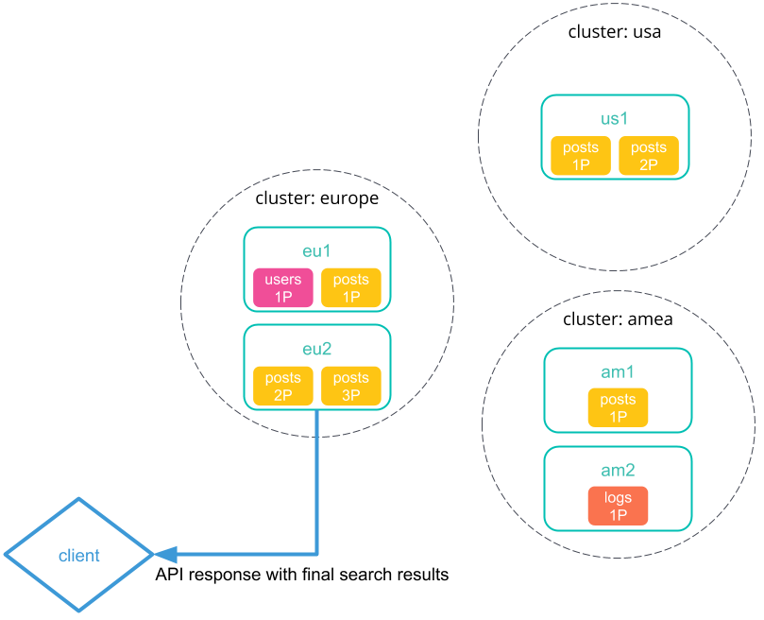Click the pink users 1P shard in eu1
click(x=282, y=287)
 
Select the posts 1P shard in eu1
click(x=351, y=287)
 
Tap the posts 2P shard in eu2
click(x=282, y=387)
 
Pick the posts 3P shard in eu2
click(x=351, y=387)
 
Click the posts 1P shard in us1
click(x=581, y=156)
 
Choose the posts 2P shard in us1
click(x=649, y=156)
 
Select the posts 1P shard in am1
click(x=618, y=407)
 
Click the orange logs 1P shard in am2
click(x=618, y=506)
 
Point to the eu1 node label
click(x=316, y=251)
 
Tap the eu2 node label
click(x=316, y=350)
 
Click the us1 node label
click(x=615, y=119)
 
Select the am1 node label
click(x=618, y=372)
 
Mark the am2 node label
click(x=618, y=471)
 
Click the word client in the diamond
click(x=78, y=556)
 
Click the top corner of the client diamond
click(x=78, y=499)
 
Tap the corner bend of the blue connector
click(x=316, y=554)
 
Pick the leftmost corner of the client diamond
click(x=7, y=555)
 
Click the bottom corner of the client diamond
click(x=78, y=610)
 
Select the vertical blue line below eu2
click(x=316, y=482)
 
